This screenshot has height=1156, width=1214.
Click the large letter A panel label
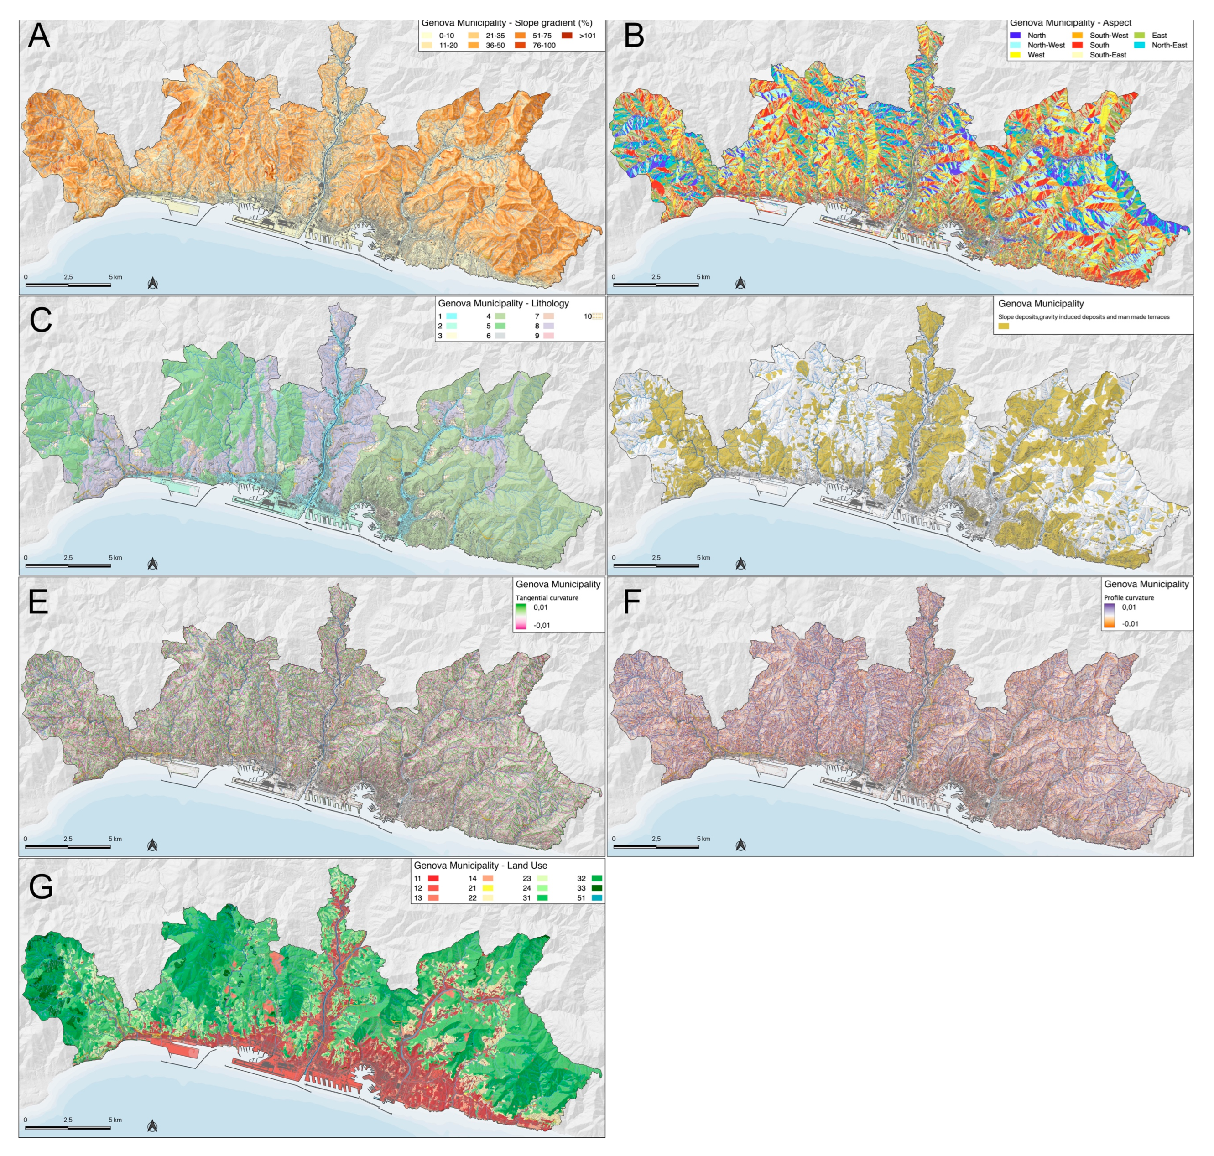pyautogui.click(x=39, y=36)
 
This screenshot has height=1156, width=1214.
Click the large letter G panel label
pyautogui.click(x=41, y=886)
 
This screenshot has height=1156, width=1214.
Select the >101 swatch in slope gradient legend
pyautogui.click(x=567, y=36)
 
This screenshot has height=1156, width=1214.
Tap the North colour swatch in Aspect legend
pyautogui.click(x=1016, y=36)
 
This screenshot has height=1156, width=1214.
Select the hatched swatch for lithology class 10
pyautogui.click(x=597, y=316)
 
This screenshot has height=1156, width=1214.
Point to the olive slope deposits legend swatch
pyautogui.click(x=1004, y=326)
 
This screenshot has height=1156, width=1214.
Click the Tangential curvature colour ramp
pyautogui.click(x=521, y=616)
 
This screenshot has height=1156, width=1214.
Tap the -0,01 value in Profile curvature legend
pyautogui.click(x=1130, y=623)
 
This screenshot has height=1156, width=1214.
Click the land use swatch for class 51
pyautogui.click(x=597, y=898)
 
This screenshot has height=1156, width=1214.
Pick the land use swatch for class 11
pyautogui.click(x=433, y=878)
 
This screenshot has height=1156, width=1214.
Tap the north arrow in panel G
pyautogui.click(x=153, y=1126)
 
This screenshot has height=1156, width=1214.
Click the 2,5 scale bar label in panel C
pyautogui.click(x=68, y=558)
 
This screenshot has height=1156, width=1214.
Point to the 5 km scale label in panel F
pyautogui.click(x=703, y=839)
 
